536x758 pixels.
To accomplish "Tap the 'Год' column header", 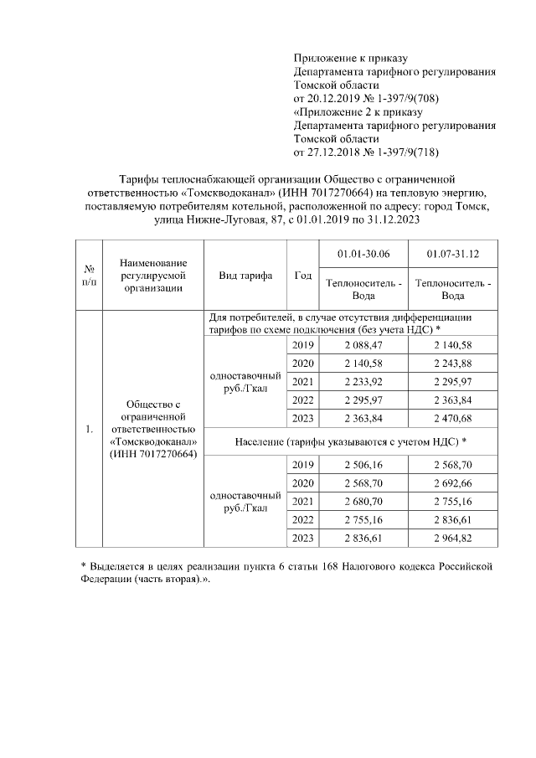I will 303,276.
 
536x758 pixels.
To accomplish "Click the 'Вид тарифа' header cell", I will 245,276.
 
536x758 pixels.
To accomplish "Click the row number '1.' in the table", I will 89,431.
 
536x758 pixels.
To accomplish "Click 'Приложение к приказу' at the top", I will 350,58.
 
